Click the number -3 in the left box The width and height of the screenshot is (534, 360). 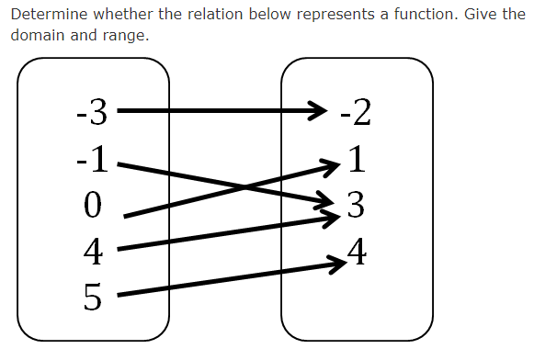pos(92,114)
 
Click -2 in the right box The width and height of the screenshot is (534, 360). pos(355,114)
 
